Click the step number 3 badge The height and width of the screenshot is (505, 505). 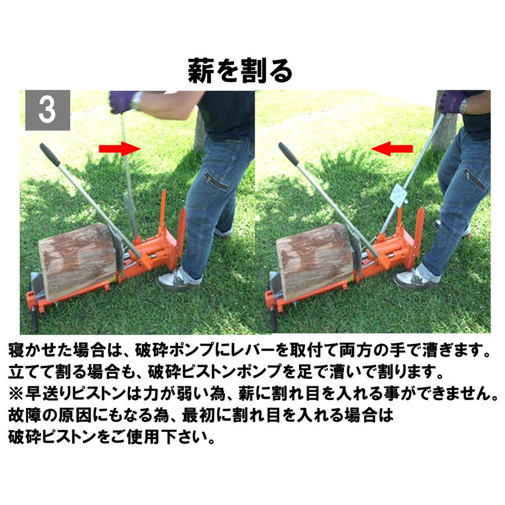click(x=48, y=110)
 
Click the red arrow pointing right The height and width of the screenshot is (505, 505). click(x=120, y=148)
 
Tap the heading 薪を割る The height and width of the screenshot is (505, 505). click(x=240, y=71)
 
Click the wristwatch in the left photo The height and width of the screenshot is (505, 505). click(x=136, y=101)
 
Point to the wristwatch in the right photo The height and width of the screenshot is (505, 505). click(x=463, y=105)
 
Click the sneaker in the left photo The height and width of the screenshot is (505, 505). click(x=178, y=278)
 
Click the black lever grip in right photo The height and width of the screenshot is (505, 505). click(x=288, y=153)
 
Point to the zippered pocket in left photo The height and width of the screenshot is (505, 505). click(x=216, y=181)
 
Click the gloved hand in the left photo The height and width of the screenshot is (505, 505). click(x=121, y=101)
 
